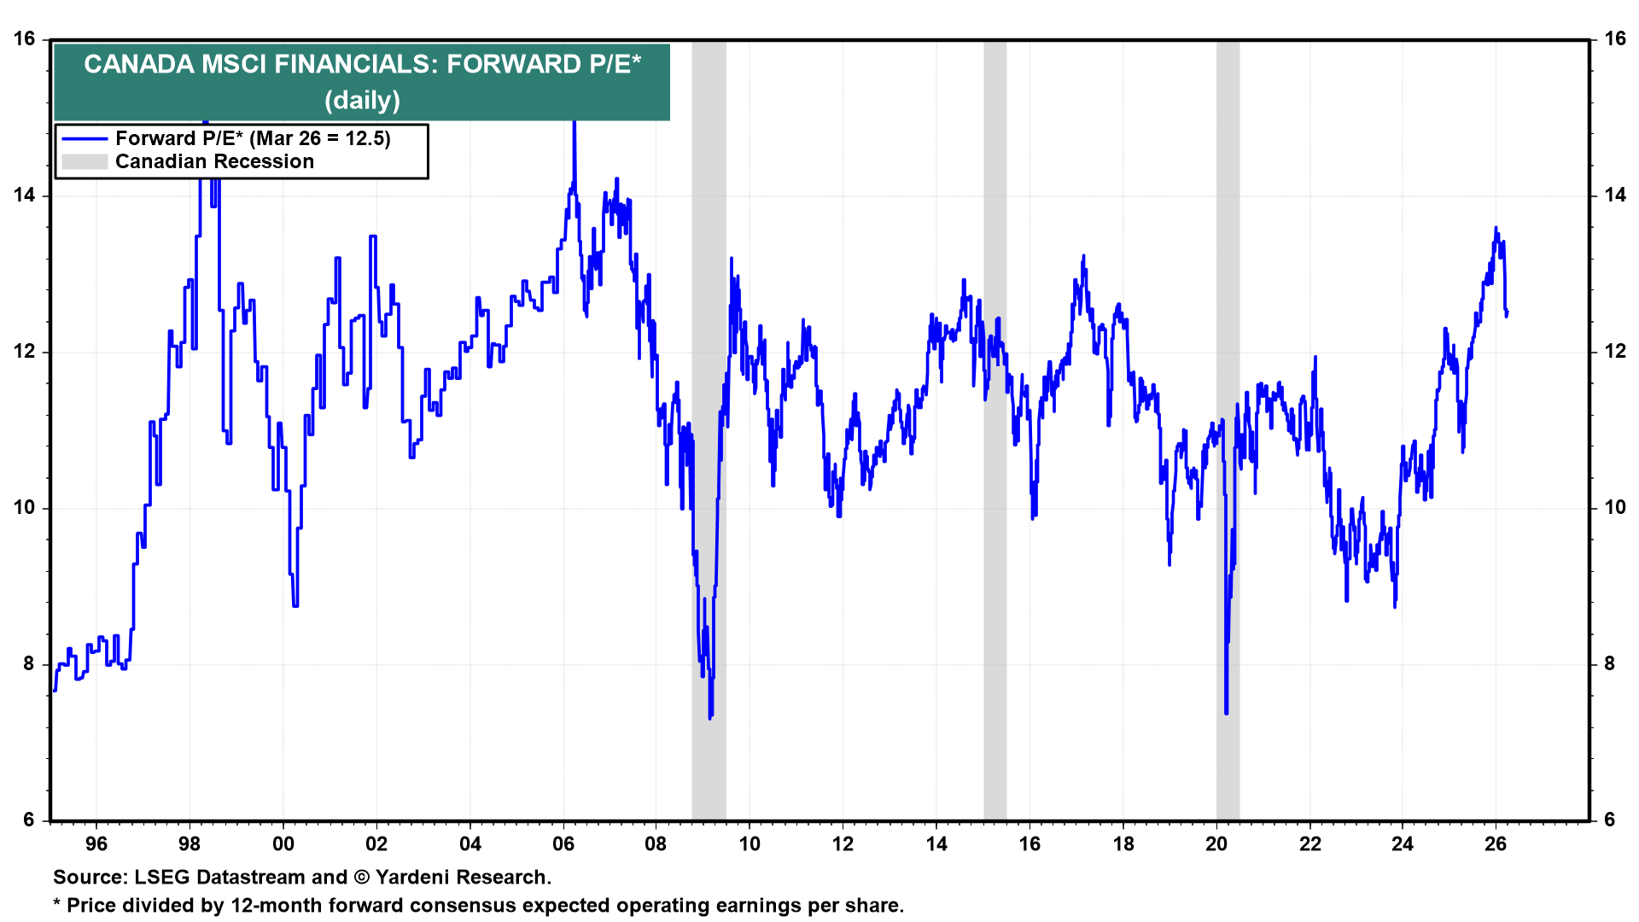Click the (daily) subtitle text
pyautogui.click(x=362, y=101)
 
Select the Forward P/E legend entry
pyautogui.click(x=253, y=138)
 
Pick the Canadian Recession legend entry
pyautogui.click(x=214, y=161)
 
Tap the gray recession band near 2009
pyautogui.click(x=709, y=427)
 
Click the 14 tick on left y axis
pyautogui.click(x=24, y=195)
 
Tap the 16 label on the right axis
pyautogui.click(x=1614, y=39)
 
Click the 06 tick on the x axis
pyautogui.click(x=563, y=844)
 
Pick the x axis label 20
pyautogui.click(x=1216, y=844)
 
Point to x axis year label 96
pyautogui.click(x=96, y=844)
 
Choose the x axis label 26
pyautogui.click(x=1496, y=844)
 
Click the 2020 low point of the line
pyautogui.click(x=1226, y=713)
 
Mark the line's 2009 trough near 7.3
pyautogui.click(x=710, y=717)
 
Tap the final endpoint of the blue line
pyautogui.click(x=1507, y=312)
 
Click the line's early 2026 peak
pyautogui.click(x=1496, y=228)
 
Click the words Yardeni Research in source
pyautogui.click(x=461, y=878)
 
